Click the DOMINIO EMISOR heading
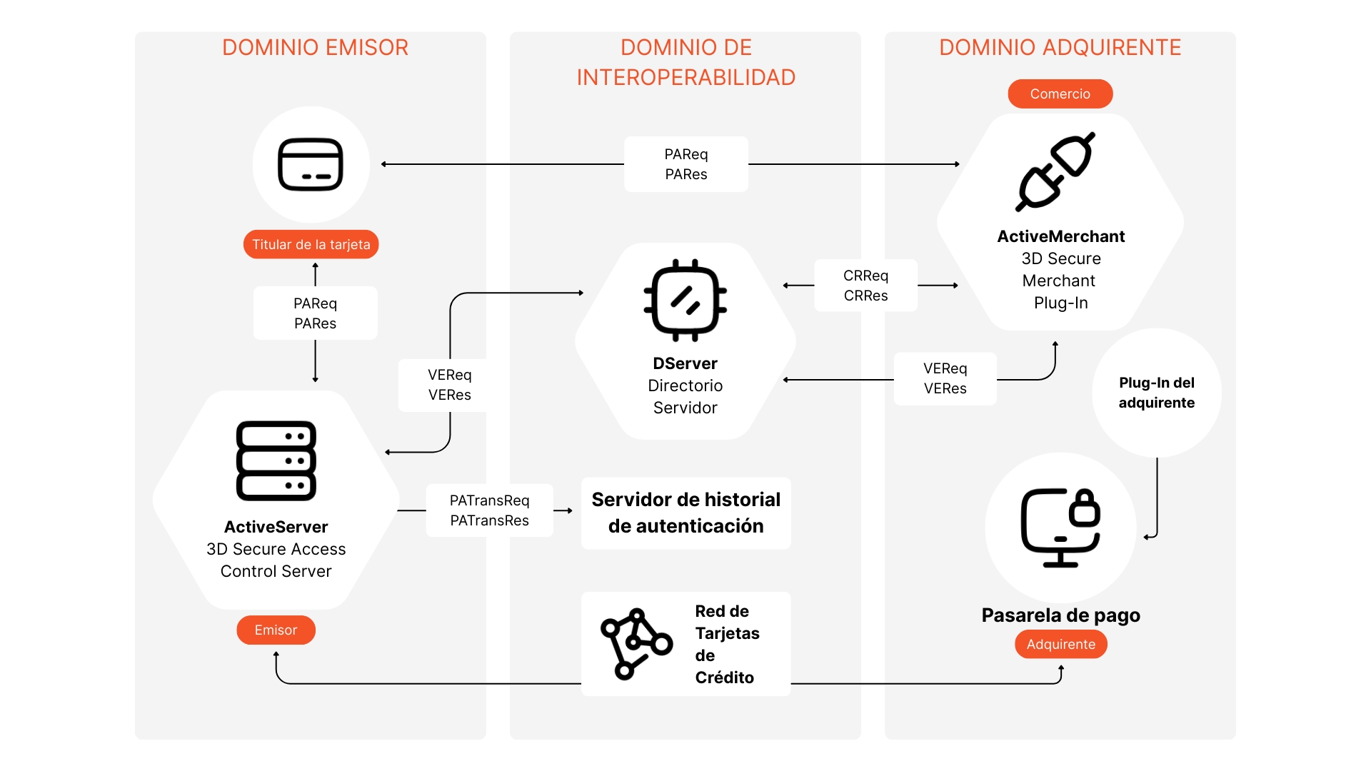point(315,48)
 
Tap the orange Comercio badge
point(1060,94)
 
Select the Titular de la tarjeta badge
point(311,245)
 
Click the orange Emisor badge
point(276,630)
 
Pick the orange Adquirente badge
point(1060,645)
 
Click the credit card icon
point(311,164)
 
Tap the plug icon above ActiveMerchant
point(1055,172)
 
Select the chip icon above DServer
point(685,300)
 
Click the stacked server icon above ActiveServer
point(276,461)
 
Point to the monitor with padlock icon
point(1060,528)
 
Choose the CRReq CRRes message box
point(865,286)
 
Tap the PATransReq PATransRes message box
point(489,510)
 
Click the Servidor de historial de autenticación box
point(685,513)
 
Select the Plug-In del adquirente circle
point(1156,393)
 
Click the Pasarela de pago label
point(1060,615)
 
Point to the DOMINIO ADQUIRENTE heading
point(1060,48)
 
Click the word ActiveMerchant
point(1060,236)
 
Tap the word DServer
point(685,363)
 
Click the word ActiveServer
point(276,527)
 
